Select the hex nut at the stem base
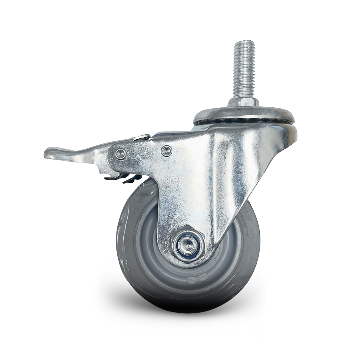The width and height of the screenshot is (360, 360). pos(244,102)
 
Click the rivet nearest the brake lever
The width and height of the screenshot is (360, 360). pos(120,154)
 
